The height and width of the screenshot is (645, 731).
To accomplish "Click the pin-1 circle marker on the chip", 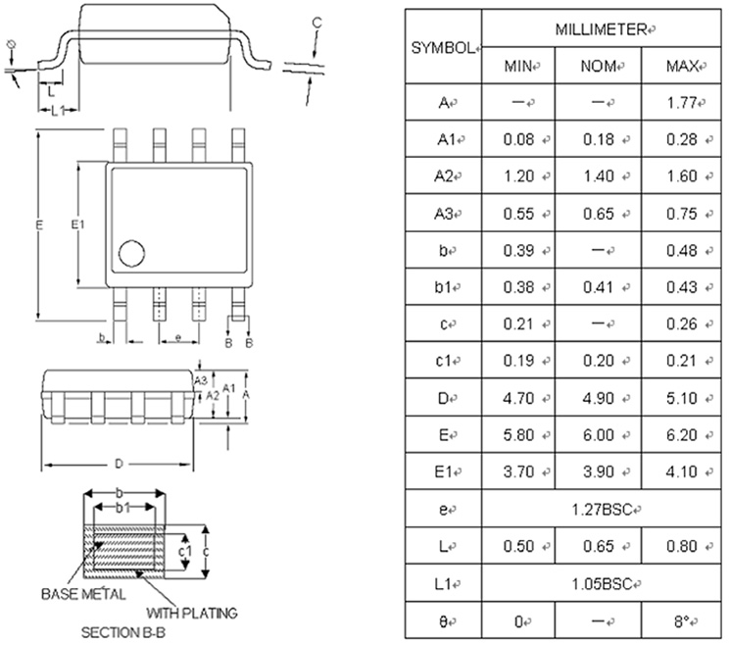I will [x=130, y=254].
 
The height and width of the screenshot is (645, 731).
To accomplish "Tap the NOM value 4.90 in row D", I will [x=598, y=399].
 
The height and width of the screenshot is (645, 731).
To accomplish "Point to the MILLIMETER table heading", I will [x=600, y=29].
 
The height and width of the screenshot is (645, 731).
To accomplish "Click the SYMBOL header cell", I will [x=441, y=47].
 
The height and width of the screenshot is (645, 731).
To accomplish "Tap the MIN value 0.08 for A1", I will [x=517, y=139].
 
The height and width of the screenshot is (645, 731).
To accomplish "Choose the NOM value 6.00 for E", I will [x=598, y=436].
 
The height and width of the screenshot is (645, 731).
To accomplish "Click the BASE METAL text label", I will [x=82, y=594].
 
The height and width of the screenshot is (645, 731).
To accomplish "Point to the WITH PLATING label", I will [x=197, y=614].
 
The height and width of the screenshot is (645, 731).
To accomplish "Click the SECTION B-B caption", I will [x=122, y=632].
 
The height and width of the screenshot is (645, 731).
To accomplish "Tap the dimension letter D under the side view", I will [x=118, y=463].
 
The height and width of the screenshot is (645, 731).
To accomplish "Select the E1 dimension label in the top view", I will [x=78, y=225].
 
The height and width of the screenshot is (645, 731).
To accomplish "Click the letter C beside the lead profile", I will [x=317, y=22].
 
